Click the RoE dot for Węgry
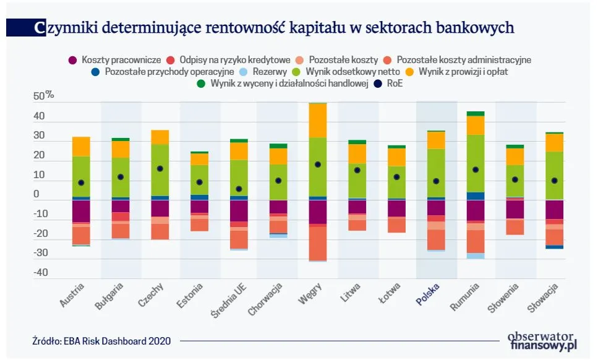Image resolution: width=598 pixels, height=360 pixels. point(318,165)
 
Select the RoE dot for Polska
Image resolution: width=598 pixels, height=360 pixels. point(436,181)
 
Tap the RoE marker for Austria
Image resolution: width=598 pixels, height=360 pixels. point(81,182)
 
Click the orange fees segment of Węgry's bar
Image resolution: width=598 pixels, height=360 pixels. point(318,121)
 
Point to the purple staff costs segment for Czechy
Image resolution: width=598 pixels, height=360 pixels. point(160,208)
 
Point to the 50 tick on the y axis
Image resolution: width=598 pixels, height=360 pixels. point(39,96)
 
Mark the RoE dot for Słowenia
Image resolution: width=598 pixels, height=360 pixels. point(515,179)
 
